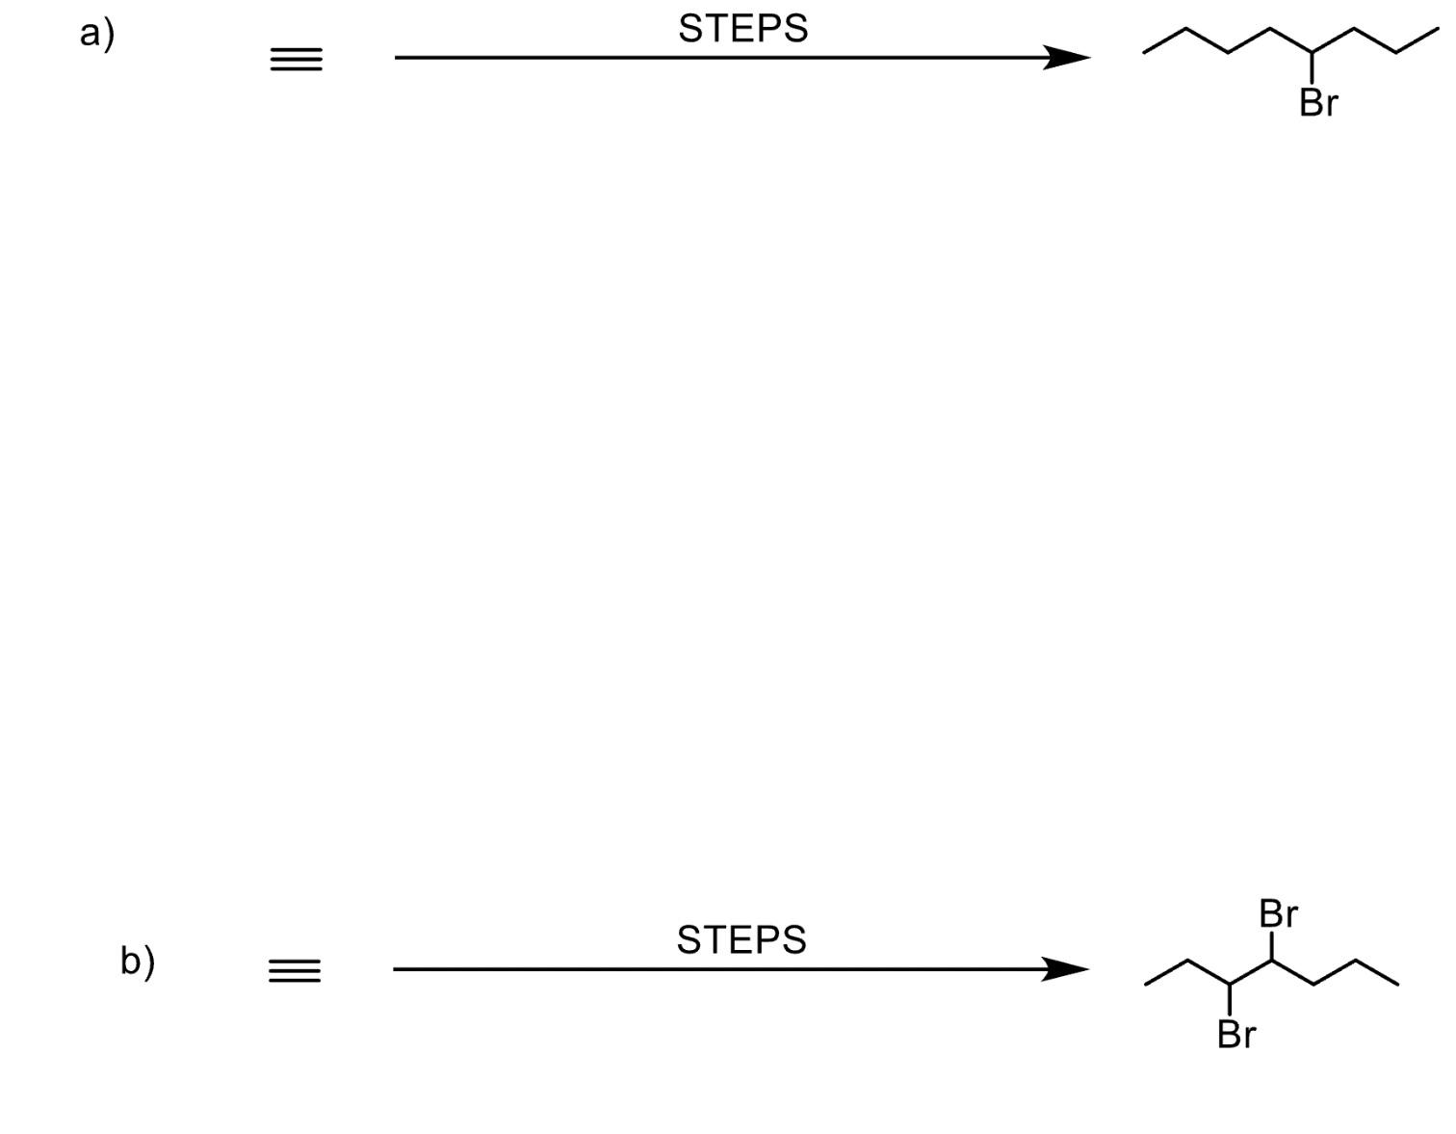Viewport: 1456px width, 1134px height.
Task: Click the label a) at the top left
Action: click(x=96, y=35)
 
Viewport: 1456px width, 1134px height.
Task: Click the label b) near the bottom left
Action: click(x=138, y=961)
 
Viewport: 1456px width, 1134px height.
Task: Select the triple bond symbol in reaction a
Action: click(x=296, y=61)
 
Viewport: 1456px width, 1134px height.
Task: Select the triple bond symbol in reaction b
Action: click(x=295, y=971)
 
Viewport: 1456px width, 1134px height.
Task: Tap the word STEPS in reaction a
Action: click(x=742, y=29)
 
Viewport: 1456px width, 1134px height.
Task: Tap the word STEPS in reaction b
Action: click(x=741, y=939)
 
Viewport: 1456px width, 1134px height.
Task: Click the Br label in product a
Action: click(x=1318, y=102)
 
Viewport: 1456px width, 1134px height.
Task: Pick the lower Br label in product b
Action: click(x=1236, y=1034)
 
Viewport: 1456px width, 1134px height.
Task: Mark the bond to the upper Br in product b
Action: click(x=1273, y=945)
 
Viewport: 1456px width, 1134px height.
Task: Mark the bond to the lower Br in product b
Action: click(x=1231, y=1000)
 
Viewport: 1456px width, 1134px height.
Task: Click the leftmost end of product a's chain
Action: click(x=1145, y=52)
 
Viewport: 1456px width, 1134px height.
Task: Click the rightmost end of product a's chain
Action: click(x=1438, y=30)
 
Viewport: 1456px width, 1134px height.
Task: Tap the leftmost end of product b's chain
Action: click(x=1146, y=985)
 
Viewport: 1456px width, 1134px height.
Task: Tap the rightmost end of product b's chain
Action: click(x=1398, y=985)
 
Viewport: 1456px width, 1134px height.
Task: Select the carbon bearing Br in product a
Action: click(x=1313, y=53)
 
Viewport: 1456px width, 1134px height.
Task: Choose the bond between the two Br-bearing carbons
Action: click(x=1252, y=972)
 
